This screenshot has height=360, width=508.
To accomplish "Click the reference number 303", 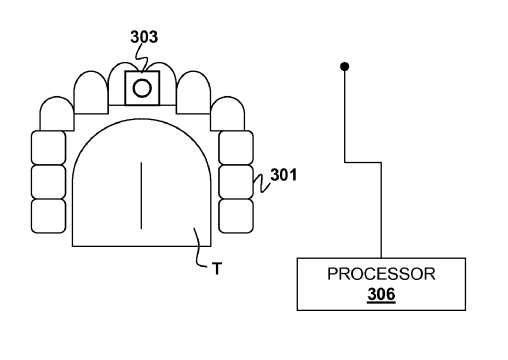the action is tap(144, 37).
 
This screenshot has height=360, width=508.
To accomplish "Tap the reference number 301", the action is tap(283, 175).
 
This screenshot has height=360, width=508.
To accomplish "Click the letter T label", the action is tap(217, 269).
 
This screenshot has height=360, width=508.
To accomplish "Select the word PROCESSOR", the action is tap(381, 274).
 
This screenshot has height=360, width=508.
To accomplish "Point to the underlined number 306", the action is tap(381, 294).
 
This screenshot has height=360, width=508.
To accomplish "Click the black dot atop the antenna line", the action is tap(345, 67).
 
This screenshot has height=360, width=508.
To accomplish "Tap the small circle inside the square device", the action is tap(142, 88).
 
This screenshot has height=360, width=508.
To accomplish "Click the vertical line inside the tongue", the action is tap(141, 196).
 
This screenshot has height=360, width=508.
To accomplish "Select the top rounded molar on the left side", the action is tap(49, 148).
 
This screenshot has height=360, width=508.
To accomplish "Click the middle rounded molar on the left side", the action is tap(49, 182).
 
